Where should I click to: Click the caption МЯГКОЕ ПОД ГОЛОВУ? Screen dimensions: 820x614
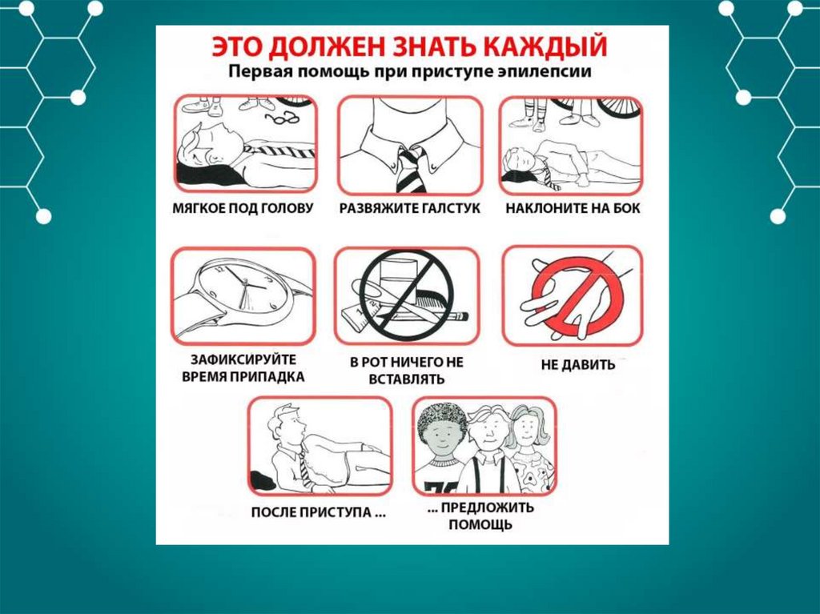pyautogui.click(x=243, y=208)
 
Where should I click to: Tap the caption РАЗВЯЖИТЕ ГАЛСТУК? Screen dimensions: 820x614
pyautogui.click(x=409, y=208)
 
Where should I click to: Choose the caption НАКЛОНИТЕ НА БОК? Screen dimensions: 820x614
pyautogui.click(x=573, y=208)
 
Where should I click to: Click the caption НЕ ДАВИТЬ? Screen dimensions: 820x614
pyautogui.click(x=578, y=364)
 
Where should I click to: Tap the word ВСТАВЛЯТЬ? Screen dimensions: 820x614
pyautogui.click(x=406, y=379)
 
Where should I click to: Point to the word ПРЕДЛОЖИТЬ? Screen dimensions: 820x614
pyautogui.click(x=488, y=508)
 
